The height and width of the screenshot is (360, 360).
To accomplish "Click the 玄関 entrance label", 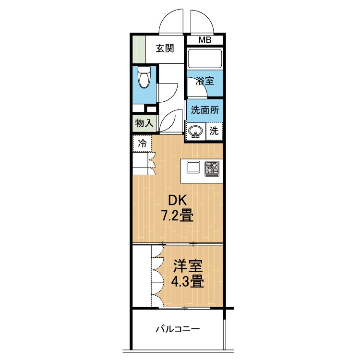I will [x=164, y=48].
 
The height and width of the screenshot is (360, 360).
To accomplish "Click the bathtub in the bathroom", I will [x=204, y=59].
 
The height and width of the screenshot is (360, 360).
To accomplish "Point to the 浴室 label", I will [x=204, y=82].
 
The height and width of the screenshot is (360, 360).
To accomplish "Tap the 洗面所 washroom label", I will [x=205, y=109].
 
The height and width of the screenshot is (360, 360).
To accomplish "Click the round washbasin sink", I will [x=195, y=131].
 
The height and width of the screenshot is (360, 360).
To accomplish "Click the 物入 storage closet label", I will [x=144, y=123].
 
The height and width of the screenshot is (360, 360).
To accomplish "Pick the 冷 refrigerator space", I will [x=143, y=143].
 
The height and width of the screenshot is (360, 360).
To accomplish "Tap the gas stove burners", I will [x=212, y=168].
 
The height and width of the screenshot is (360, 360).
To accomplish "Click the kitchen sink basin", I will [x=194, y=168].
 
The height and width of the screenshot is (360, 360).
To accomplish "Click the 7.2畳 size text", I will [x=177, y=216].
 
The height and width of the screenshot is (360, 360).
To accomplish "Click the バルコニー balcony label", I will [x=177, y=329].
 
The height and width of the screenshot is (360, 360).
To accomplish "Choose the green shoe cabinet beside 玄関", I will [x=138, y=48].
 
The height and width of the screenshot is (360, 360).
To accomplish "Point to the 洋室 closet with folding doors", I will [x=143, y=276].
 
